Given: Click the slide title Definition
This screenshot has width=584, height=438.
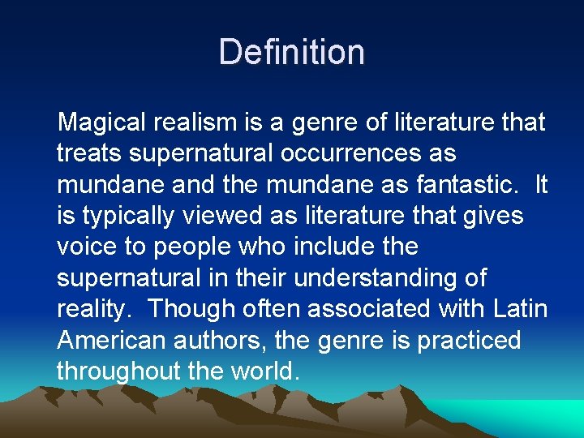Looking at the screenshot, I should coord(292,52).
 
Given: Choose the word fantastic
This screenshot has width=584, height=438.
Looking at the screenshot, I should coord(468,184).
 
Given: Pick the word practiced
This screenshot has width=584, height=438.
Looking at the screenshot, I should coord(468,341).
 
